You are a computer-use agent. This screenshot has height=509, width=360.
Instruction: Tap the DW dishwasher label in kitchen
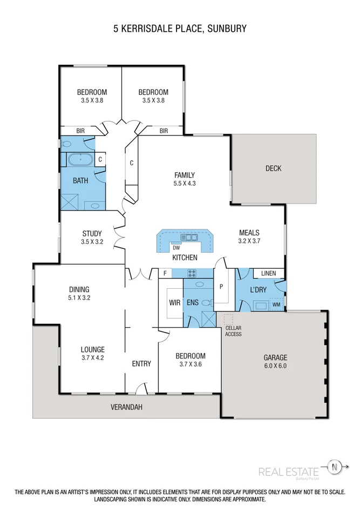point(175,248)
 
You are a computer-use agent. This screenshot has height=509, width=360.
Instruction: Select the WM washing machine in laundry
point(276,304)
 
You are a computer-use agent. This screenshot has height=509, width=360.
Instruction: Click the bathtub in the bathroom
point(80,160)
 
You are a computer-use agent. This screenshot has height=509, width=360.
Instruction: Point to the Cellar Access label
point(234,331)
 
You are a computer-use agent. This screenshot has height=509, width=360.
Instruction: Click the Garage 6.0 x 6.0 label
point(275,362)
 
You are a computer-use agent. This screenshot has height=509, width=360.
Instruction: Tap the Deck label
point(273,168)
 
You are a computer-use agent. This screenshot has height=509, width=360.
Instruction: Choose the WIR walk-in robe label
point(174,303)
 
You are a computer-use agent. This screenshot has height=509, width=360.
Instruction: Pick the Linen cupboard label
point(268,274)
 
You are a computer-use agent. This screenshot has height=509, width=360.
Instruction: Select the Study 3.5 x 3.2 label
point(92,238)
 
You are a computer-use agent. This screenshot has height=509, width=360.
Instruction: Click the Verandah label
point(126,407)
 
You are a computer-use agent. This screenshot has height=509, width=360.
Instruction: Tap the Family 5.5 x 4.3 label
point(184,179)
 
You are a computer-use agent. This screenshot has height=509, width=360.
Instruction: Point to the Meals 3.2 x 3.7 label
point(250,237)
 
